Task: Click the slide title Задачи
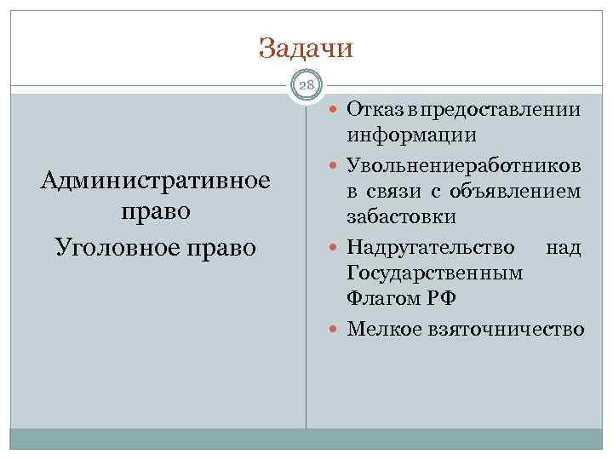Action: tap(306, 48)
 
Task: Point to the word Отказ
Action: tap(375, 110)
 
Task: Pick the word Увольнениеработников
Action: tap(464, 164)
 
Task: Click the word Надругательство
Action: tap(431, 247)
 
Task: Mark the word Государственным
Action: tap(435, 273)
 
